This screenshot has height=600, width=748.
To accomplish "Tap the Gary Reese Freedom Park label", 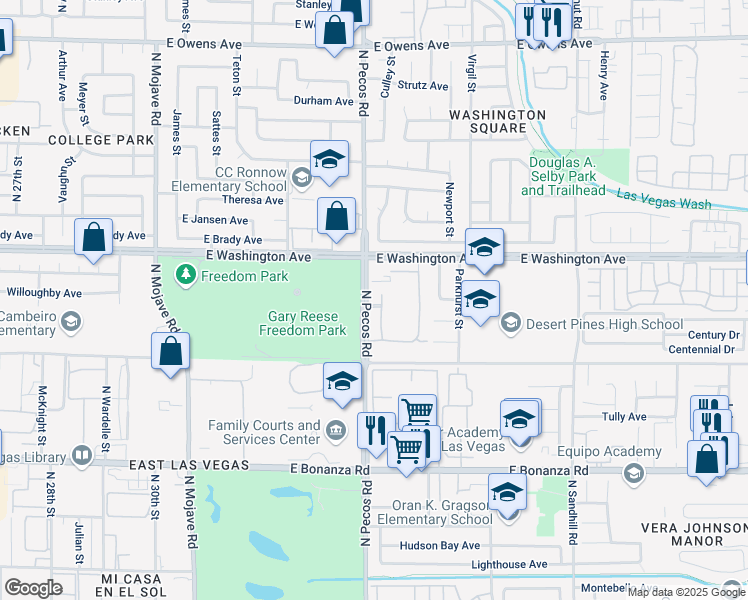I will (x=303, y=323).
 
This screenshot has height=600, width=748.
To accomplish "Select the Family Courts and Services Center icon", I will (x=336, y=432).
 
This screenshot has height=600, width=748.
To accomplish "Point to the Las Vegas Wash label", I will (x=663, y=199).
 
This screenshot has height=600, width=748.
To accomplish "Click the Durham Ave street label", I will (x=323, y=101).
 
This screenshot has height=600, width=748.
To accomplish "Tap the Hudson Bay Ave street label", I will (x=440, y=546).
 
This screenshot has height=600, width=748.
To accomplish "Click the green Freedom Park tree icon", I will (x=185, y=274).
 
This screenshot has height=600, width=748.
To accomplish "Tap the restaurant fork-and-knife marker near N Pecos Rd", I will (x=375, y=430).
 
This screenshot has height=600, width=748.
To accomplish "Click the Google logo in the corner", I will (x=34, y=588).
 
